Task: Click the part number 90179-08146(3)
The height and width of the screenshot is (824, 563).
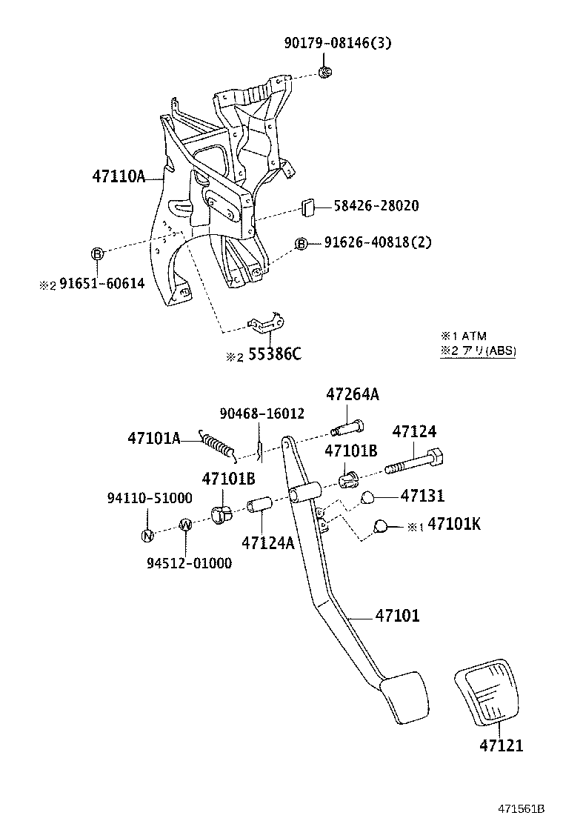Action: point(337,43)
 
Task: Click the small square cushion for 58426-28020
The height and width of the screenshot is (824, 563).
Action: point(309,206)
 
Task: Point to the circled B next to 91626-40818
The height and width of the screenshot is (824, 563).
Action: point(301,244)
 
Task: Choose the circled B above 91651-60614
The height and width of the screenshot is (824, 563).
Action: point(97,254)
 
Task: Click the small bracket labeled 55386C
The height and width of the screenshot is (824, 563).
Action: point(267,323)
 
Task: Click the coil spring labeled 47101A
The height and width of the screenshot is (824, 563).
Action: point(219,445)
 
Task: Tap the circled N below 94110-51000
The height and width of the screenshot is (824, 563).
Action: point(147,536)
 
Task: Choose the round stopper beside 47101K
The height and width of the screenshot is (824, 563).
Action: point(382,526)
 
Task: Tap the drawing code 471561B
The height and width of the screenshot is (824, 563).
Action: point(521,808)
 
